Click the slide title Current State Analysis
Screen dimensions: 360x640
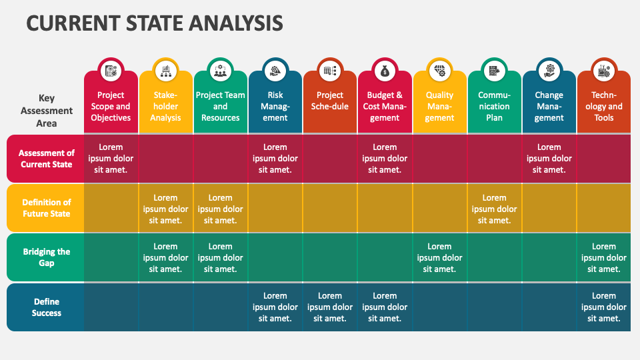[x=155, y=23]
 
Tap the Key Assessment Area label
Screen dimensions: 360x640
[x=47, y=110]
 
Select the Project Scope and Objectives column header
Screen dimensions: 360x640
[x=111, y=107]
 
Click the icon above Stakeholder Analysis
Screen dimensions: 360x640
[x=165, y=71]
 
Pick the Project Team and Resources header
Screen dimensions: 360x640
[x=220, y=107]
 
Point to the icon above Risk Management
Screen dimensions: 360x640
[x=275, y=71]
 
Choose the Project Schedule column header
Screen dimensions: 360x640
[x=330, y=101]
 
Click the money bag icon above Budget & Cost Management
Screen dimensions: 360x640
[x=385, y=71]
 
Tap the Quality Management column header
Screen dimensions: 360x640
[x=439, y=107]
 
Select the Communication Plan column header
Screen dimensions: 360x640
[x=494, y=107]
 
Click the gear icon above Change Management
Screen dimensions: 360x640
[x=549, y=71]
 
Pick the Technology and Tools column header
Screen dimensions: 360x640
[x=604, y=107]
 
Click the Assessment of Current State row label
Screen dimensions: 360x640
[x=46, y=159]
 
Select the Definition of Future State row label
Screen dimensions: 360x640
[x=46, y=208]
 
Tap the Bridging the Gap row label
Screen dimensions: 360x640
[x=46, y=257]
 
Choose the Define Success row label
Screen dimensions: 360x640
[x=46, y=307]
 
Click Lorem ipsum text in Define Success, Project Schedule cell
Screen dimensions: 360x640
[x=330, y=307]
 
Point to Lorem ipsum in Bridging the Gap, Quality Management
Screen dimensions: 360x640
[x=439, y=258]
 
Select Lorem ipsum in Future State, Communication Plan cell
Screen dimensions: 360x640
[x=494, y=209]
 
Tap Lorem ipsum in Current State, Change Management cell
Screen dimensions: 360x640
[x=549, y=159]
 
